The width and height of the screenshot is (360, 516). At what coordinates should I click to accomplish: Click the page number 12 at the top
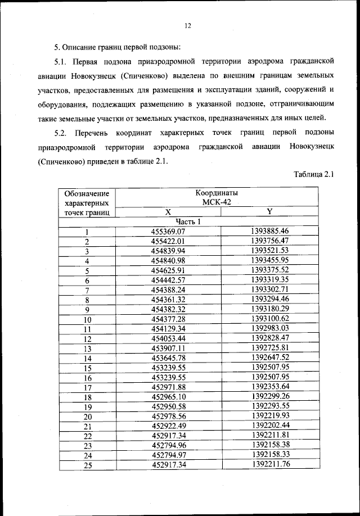point(188,25)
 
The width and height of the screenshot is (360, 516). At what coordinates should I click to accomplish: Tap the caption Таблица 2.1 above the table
point(314,174)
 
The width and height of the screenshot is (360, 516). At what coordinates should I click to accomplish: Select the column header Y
point(269,211)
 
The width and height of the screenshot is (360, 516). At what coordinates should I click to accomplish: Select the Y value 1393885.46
point(269,231)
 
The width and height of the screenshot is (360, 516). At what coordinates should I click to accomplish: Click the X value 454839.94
point(168,251)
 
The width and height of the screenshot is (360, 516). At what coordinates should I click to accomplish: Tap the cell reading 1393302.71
point(269,289)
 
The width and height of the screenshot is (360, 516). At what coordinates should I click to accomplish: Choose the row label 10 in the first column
point(87,319)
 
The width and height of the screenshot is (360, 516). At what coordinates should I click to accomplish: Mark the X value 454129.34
point(168,329)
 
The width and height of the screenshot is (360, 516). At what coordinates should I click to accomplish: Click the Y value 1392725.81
point(269,348)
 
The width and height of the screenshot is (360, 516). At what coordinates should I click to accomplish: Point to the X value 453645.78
point(168,358)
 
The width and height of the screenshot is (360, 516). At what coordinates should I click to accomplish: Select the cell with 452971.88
point(168,387)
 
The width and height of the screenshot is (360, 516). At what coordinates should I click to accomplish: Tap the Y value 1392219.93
point(270,416)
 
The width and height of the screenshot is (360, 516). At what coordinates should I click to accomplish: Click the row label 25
point(87,465)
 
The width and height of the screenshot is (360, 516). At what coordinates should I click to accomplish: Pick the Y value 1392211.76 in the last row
point(270,464)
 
